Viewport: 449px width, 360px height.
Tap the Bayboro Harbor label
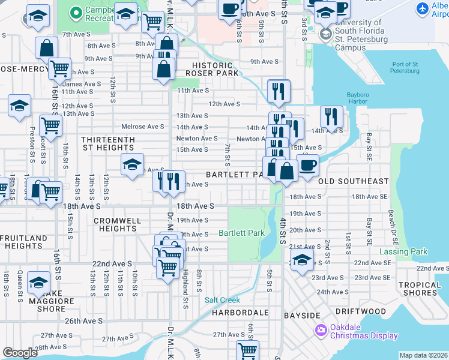[x=360, y=98]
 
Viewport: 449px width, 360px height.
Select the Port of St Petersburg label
[x=405, y=67]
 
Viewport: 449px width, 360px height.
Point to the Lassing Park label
[x=403, y=252]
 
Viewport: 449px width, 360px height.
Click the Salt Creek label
[x=222, y=300]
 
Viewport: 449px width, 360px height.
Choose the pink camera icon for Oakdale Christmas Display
[x=321, y=329]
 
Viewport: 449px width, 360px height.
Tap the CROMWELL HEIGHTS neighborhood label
[x=118, y=224]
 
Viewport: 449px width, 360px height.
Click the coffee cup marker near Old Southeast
[x=308, y=165]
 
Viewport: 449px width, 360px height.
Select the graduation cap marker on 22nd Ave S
[x=303, y=259]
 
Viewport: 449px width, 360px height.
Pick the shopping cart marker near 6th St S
[x=247, y=350]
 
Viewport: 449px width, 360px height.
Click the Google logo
[x=20, y=353]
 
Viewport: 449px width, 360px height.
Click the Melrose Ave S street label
[x=142, y=127]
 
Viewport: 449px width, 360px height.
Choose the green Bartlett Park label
[x=241, y=233]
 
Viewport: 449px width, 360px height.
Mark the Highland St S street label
[x=186, y=287]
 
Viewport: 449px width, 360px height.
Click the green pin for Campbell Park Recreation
[x=76, y=12]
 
